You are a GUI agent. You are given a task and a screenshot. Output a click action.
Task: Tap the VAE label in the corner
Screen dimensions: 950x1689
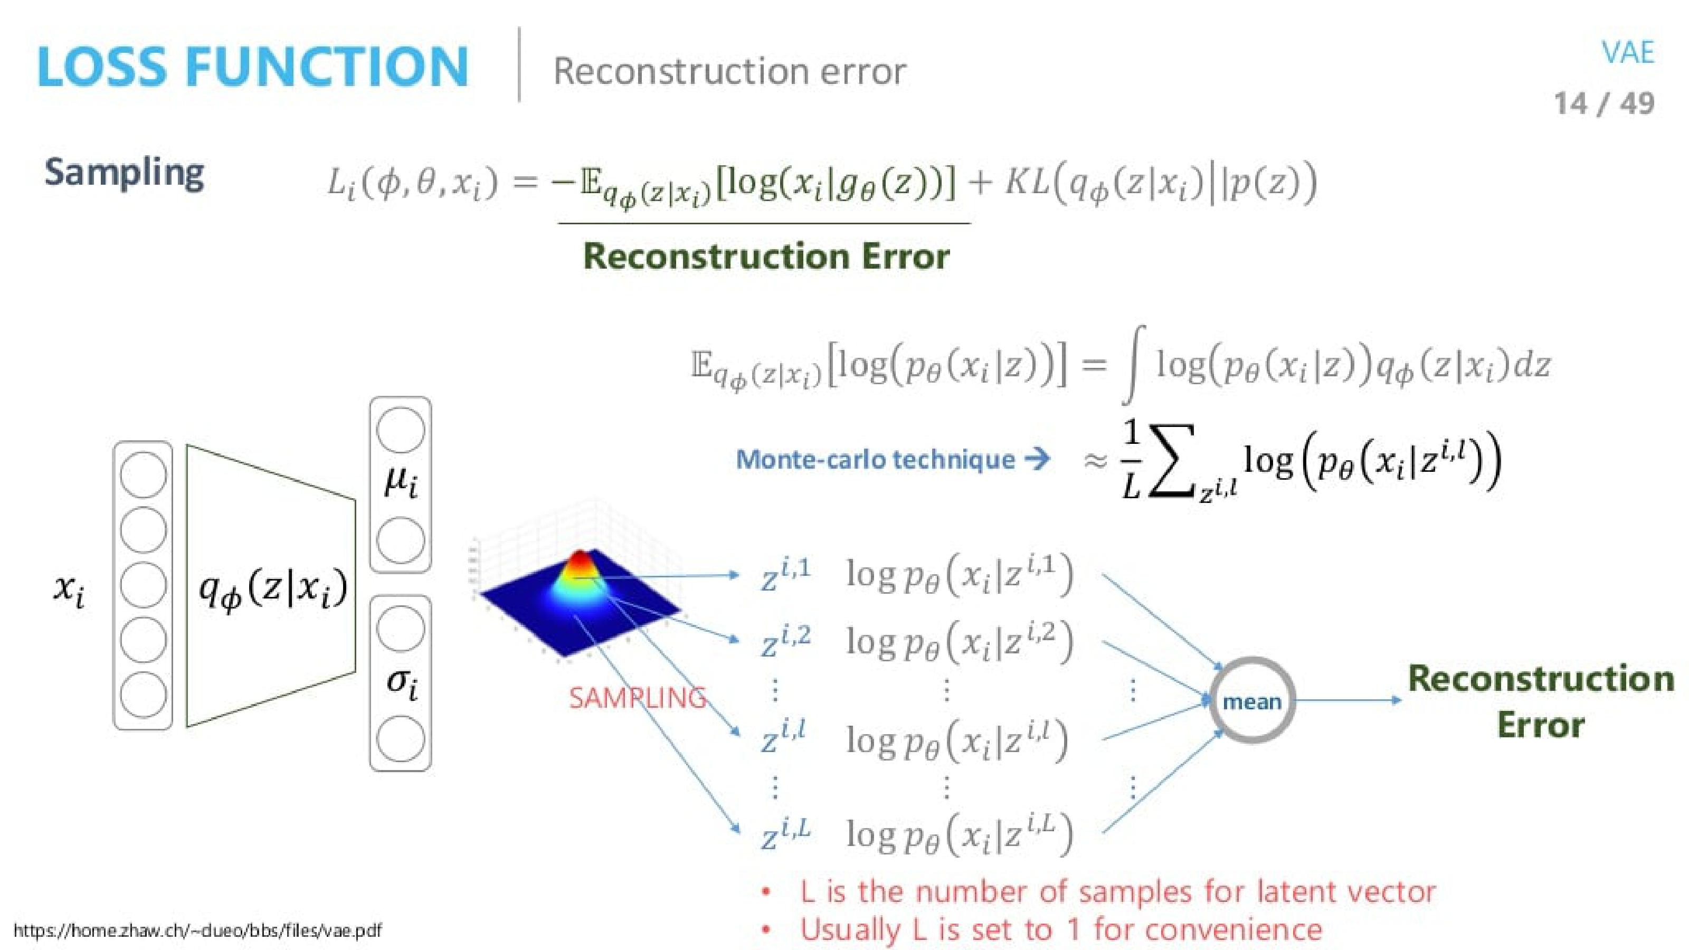tap(1627, 52)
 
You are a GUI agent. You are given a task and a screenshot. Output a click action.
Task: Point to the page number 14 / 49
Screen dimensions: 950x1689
tap(1604, 103)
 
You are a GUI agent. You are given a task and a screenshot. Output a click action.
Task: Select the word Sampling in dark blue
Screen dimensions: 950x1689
tap(125, 173)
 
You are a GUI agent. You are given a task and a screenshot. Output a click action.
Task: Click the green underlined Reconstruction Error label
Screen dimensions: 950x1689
tap(766, 255)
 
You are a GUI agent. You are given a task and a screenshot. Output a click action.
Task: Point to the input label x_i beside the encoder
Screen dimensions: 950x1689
tap(68, 590)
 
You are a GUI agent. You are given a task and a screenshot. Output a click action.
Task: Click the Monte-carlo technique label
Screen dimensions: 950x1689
tap(875, 460)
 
